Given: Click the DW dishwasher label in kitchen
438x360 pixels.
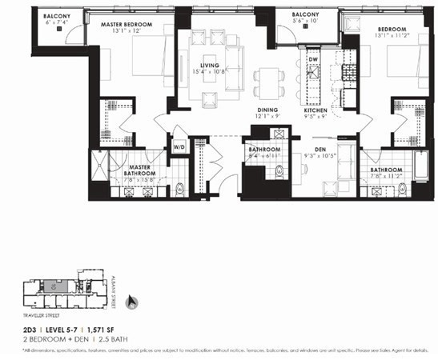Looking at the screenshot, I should (x=313, y=60).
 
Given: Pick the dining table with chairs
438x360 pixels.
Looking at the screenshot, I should (x=266, y=82).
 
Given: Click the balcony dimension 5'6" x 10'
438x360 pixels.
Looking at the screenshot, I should (x=304, y=23).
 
